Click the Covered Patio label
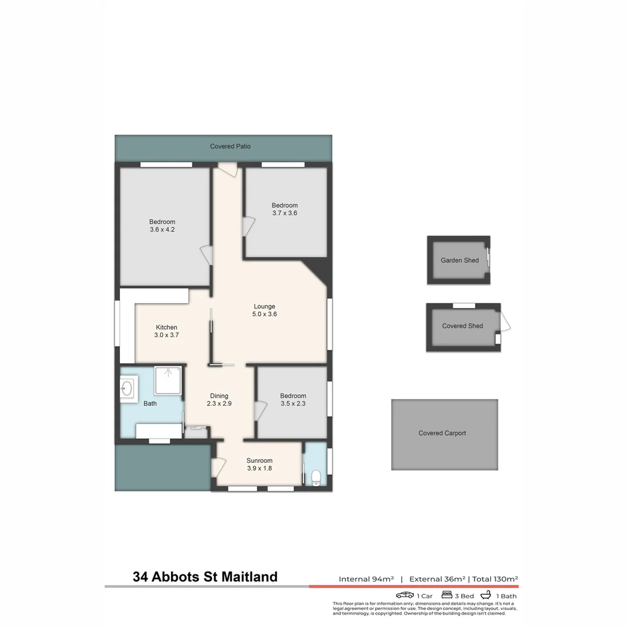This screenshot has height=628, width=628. click(230, 147)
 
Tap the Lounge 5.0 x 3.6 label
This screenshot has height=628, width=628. click(264, 311)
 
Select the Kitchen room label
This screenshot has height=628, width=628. click(166, 327)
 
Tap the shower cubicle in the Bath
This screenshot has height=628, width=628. click(168, 380)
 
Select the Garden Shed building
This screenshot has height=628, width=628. click(459, 260)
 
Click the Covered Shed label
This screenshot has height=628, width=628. click(462, 326)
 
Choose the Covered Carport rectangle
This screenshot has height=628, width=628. click(444, 434)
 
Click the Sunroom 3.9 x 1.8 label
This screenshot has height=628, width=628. click(259, 464)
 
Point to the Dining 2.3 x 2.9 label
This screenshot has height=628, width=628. click(219, 399)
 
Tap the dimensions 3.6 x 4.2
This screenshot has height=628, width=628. click(162, 230)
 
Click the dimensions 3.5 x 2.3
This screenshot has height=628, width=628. click(293, 404)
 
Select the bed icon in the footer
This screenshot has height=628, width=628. click(447, 595)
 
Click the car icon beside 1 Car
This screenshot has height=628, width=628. click(405, 595)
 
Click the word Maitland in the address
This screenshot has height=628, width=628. click(247, 577)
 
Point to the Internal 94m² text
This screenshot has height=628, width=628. click(366, 579)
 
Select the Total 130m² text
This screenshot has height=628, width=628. click(495, 579)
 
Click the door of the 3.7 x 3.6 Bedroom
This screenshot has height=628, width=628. click(248, 226)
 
